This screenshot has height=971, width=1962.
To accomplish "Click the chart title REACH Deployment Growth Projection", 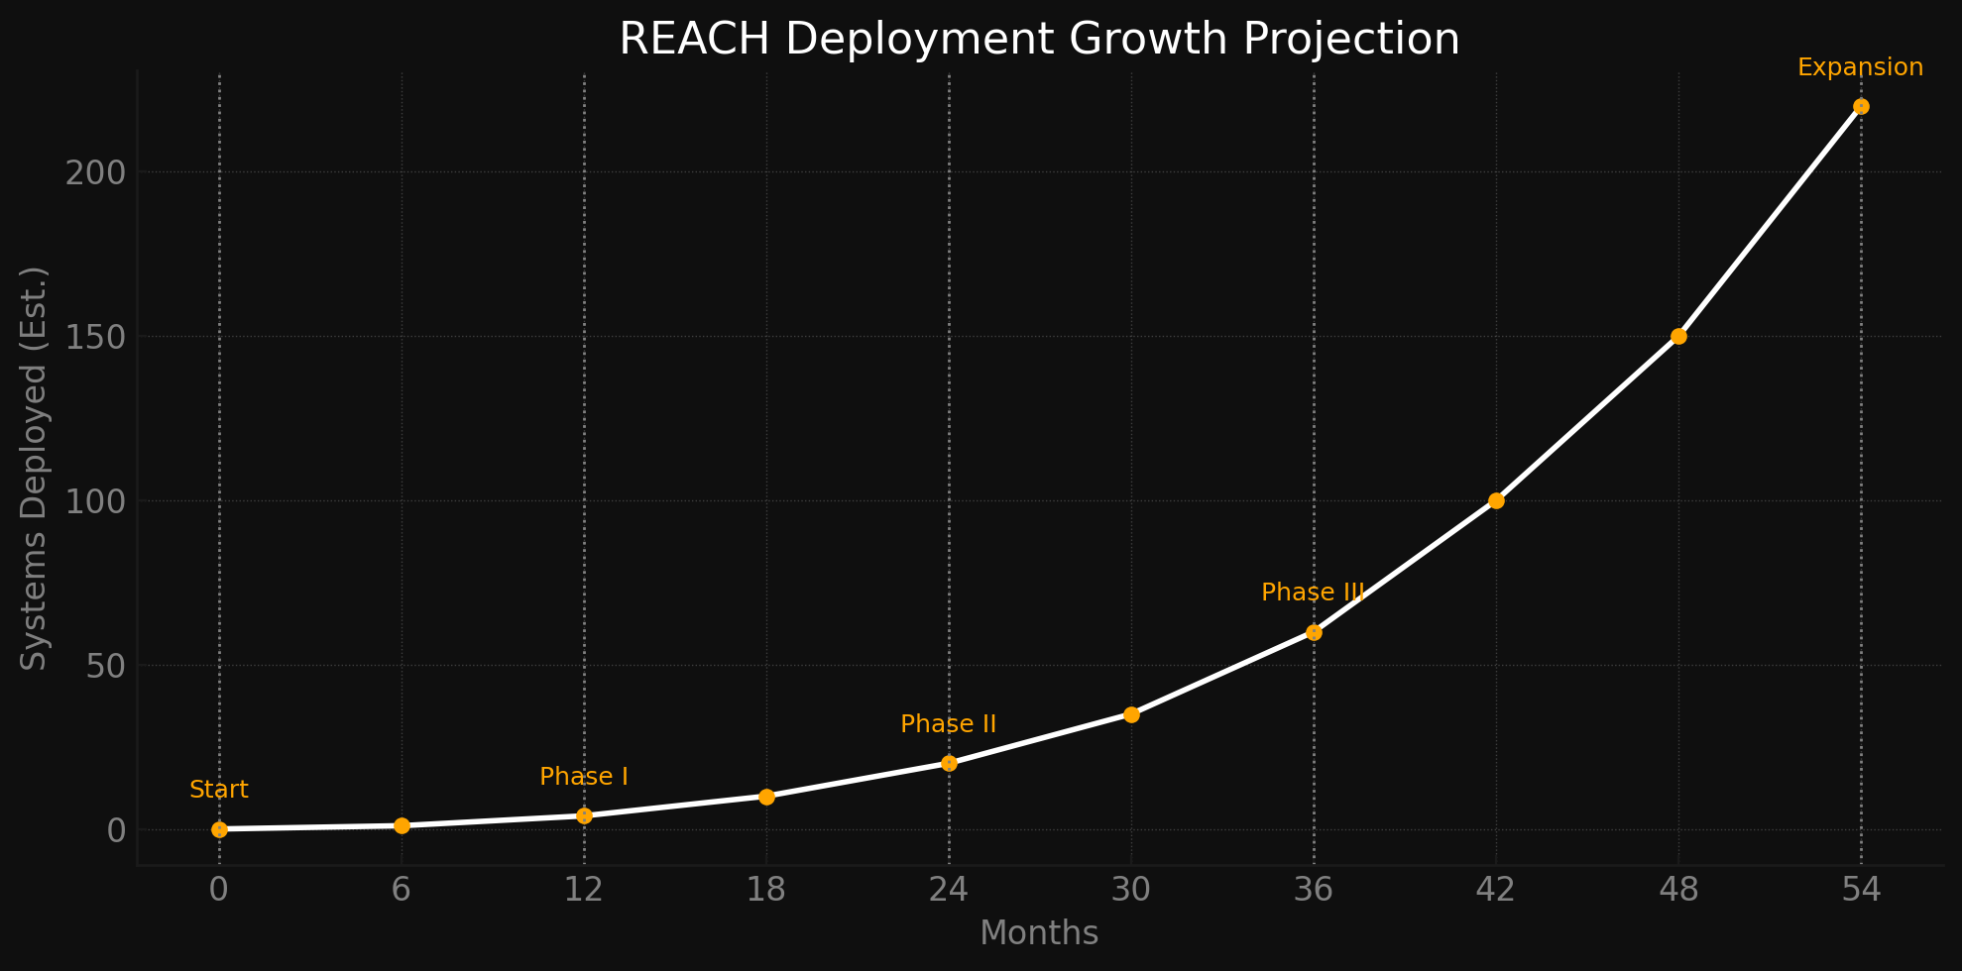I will tap(1039, 40).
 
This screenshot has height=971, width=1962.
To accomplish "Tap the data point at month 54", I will tap(1861, 106).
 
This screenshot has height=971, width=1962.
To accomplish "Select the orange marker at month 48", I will tap(1678, 336).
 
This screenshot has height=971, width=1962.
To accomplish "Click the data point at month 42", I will tap(1496, 500).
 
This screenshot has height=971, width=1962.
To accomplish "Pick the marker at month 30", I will tap(1131, 714).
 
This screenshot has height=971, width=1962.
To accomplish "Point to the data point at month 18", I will tap(766, 797).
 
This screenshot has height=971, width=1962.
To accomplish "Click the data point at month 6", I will tap(402, 825).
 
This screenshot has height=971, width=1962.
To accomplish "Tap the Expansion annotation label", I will tap(1860, 67).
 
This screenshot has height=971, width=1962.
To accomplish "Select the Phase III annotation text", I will tap(1313, 593).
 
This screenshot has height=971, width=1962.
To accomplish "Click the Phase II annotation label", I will tap(948, 724).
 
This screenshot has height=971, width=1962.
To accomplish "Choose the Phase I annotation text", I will tap(584, 777).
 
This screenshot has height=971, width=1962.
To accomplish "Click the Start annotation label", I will tap(219, 790).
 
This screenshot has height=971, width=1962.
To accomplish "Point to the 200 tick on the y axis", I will tap(96, 172).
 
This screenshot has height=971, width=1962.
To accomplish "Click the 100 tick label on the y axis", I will tap(96, 501).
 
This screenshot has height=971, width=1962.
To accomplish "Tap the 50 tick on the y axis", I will tap(105, 666).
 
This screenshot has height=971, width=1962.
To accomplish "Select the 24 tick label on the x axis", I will tap(949, 891).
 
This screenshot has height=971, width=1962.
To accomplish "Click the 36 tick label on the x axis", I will tap(1314, 891).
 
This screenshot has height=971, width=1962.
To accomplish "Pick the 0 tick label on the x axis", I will tap(219, 891).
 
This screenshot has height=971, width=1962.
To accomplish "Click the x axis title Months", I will tap(1039, 933).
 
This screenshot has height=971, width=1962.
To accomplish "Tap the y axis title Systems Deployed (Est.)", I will tap(35, 468).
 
